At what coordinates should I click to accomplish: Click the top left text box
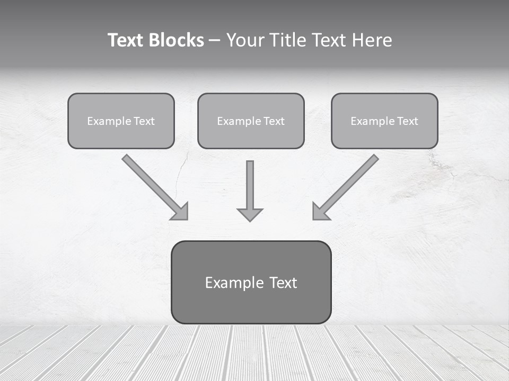coord(121,121)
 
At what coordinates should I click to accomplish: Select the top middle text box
coord(251,121)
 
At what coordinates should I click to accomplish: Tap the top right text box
coord(384,121)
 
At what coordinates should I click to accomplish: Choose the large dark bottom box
coord(251,282)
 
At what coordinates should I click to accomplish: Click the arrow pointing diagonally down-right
coord(154,186)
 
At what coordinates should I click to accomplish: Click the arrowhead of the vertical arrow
coord(250,214)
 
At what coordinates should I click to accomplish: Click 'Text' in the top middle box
coord(274,121)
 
